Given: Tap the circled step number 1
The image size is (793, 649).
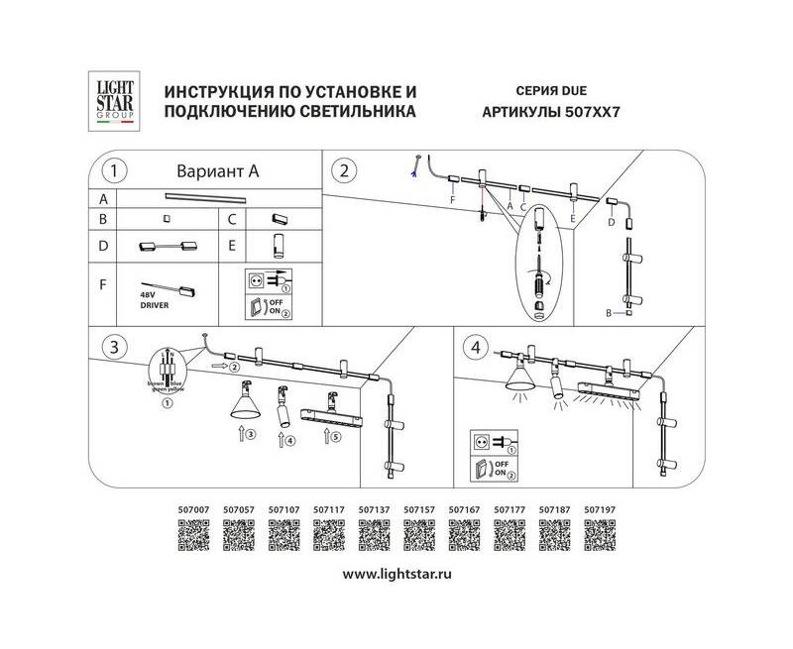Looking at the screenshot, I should pyautogui.click(x=117, y=171).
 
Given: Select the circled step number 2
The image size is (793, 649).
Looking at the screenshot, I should pyautogui.click(x=345, y=170).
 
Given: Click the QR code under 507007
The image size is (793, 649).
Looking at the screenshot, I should pyautogui.click(x=192, y=538).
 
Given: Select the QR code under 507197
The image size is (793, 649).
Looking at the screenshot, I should pyautogui.click(x=599, y=538).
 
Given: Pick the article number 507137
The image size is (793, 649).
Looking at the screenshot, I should pyautogui.click(x=373, y=513).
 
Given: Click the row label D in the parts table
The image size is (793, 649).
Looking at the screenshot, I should pyautogui.click(x=102, y=243).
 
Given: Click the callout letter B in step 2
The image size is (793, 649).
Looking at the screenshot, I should pyautogui.click(x=611, y=313).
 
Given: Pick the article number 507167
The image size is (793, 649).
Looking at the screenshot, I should pyautogui.click(x=464, y=513).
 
